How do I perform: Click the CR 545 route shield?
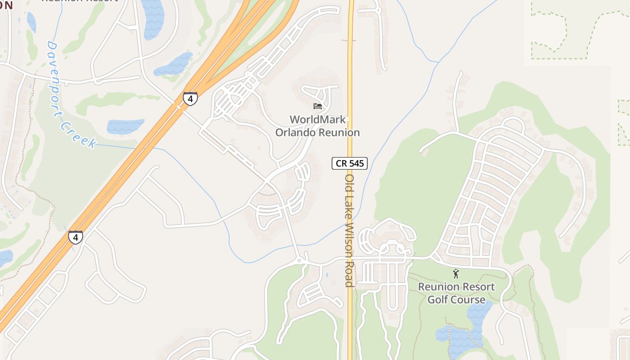[x=350, y=163]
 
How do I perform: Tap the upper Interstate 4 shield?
[x=190, y=99]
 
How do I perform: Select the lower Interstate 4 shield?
[x=76, y=237]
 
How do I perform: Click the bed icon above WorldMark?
[x=318, y=106]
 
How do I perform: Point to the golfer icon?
[x=456, y=273]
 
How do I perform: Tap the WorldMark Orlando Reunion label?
[x=318, y=126]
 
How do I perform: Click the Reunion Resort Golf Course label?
[x=456, y=293]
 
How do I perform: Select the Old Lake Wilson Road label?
[x=349, y=230]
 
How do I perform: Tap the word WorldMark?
[x=318, y=120]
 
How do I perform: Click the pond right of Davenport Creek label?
[x=126, y=126]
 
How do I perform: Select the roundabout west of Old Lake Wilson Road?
[x=299, y=260]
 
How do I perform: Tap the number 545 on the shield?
[x=356, y=163]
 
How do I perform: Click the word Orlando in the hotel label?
[x=295, y=133]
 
